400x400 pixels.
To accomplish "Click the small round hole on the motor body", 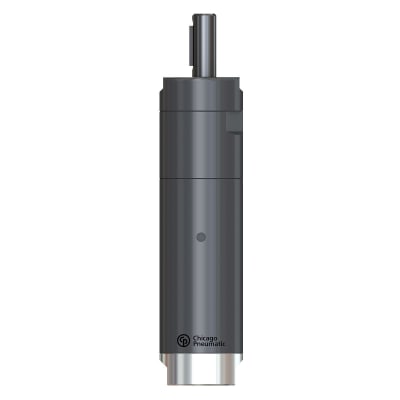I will point(201,238).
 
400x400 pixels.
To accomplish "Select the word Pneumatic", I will point(208,345).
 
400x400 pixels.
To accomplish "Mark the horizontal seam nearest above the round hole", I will point(201,175).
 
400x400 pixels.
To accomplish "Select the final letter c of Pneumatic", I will point(224,345).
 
